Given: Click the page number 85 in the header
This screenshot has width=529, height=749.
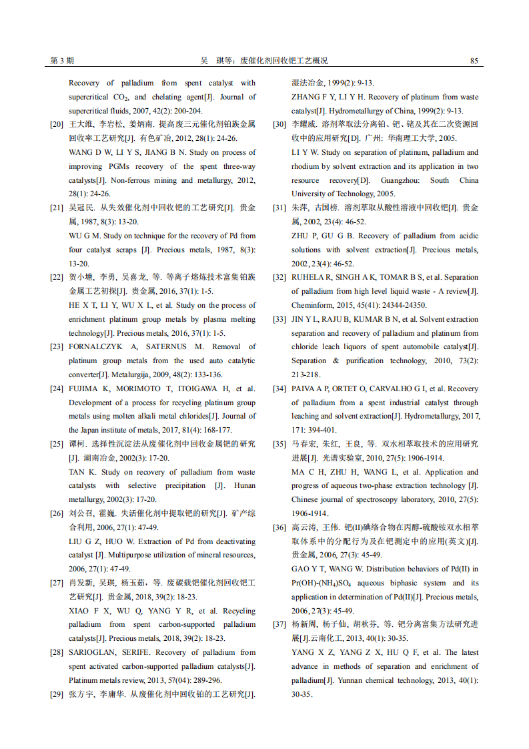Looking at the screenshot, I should click(474, 61).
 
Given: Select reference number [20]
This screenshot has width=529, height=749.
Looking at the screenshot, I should click(57, 125).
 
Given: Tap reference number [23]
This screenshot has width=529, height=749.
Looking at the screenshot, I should click(57, 347).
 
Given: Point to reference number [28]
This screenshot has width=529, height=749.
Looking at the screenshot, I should click(57, 653).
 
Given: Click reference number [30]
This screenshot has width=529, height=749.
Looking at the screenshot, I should click(280, 125).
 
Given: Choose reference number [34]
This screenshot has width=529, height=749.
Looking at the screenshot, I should click(280, 389).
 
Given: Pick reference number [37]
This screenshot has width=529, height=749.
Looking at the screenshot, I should click(280, 625).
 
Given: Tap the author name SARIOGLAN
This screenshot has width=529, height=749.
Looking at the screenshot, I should click(94, 653).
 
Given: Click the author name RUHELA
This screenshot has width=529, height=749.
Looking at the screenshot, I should click(306, 278).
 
